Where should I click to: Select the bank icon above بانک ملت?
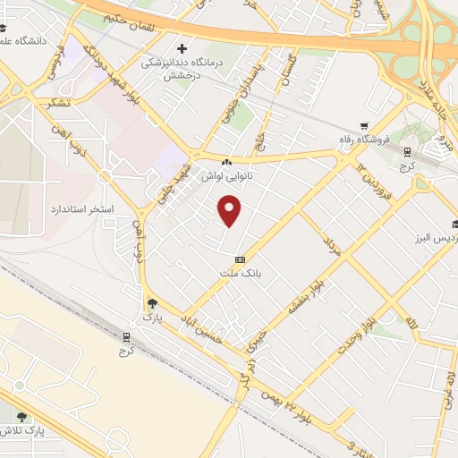pyautogui.click(x=239, y=259)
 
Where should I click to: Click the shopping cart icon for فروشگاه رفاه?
pyautogui.click(x=364, y=126)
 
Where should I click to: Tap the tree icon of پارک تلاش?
pyautogui.click(x=21, y=416)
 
